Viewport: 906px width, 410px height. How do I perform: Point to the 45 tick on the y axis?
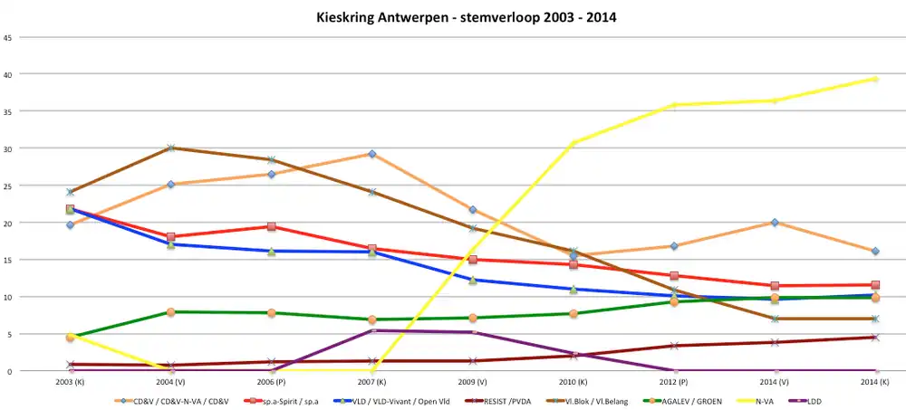coord(8,37)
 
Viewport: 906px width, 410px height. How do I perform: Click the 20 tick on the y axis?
coord(8,223)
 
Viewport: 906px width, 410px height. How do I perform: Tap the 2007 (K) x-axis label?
coord(371,384)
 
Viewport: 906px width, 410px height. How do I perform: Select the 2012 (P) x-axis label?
coord(674,384)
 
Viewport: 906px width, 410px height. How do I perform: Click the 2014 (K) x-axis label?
coord(874,384)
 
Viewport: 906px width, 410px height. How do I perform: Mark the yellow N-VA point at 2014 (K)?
coord(875,79)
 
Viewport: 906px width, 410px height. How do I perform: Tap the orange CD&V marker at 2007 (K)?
coord(371,154)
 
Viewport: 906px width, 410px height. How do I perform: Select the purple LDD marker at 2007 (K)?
coord(371,330)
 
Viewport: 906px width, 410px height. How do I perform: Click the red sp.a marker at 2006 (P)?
coord(271,227)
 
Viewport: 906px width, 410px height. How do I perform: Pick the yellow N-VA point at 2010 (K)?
coord(573,143)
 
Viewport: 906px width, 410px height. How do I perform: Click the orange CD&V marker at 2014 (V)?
coord(775,223)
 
